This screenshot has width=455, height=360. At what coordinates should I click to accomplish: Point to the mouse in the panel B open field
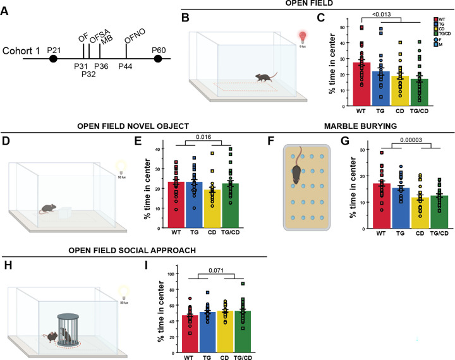[x=265, y=76]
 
